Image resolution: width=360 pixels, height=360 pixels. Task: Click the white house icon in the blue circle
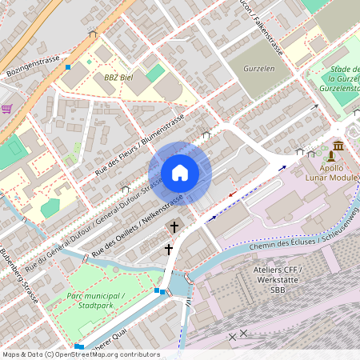pos(180,173)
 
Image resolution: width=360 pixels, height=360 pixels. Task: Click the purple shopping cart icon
pos(6,108)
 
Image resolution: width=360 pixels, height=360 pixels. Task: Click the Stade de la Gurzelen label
pos(342,81)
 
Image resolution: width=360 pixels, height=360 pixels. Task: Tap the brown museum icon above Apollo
pos(338,148)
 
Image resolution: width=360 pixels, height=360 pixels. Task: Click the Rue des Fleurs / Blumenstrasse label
pos(140,146)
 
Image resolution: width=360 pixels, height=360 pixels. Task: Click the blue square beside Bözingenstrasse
pos(68,68)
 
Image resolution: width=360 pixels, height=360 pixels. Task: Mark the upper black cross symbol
pos(174,226)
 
